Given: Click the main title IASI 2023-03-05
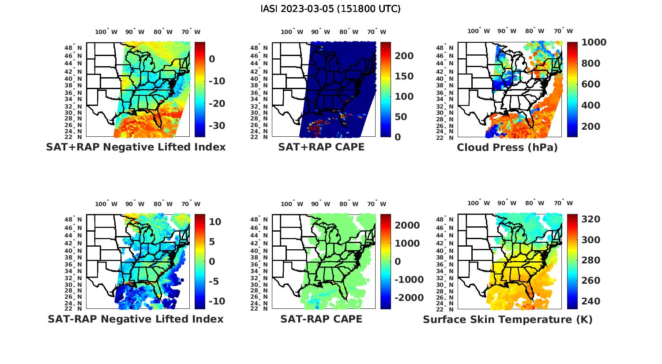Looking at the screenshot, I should click(x=331, y=9).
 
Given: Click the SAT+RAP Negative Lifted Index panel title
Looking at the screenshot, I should click(x=135, y=147).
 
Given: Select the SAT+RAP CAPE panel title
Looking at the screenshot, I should click(x=321, y=147).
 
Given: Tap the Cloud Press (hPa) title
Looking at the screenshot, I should click(x=507, y=147).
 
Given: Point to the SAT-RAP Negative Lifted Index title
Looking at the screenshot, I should click(x=135, y=319).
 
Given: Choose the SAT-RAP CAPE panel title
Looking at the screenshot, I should click(x=321, y=319).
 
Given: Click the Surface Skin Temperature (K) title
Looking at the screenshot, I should click(x=508, y=319).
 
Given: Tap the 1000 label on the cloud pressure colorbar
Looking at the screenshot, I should click(x=594, y=42).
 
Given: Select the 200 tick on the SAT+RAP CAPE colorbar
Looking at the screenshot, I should click(x=404, y=56).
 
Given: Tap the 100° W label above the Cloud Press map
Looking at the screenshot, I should click(x=479, y=31).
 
